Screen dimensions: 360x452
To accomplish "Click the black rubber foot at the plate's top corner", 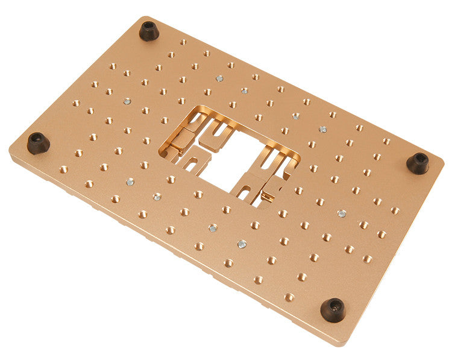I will coord(149,31).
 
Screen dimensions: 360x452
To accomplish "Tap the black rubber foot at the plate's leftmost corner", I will coord(37,143).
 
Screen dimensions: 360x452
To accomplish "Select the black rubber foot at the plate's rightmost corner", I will coord(418,163).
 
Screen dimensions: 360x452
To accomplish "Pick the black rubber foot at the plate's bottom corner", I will coord(333,309).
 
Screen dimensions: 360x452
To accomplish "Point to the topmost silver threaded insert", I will coord(219,78).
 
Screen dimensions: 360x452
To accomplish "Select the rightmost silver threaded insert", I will coord(342,213).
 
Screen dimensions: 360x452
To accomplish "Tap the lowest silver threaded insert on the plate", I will coord(242,244).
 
